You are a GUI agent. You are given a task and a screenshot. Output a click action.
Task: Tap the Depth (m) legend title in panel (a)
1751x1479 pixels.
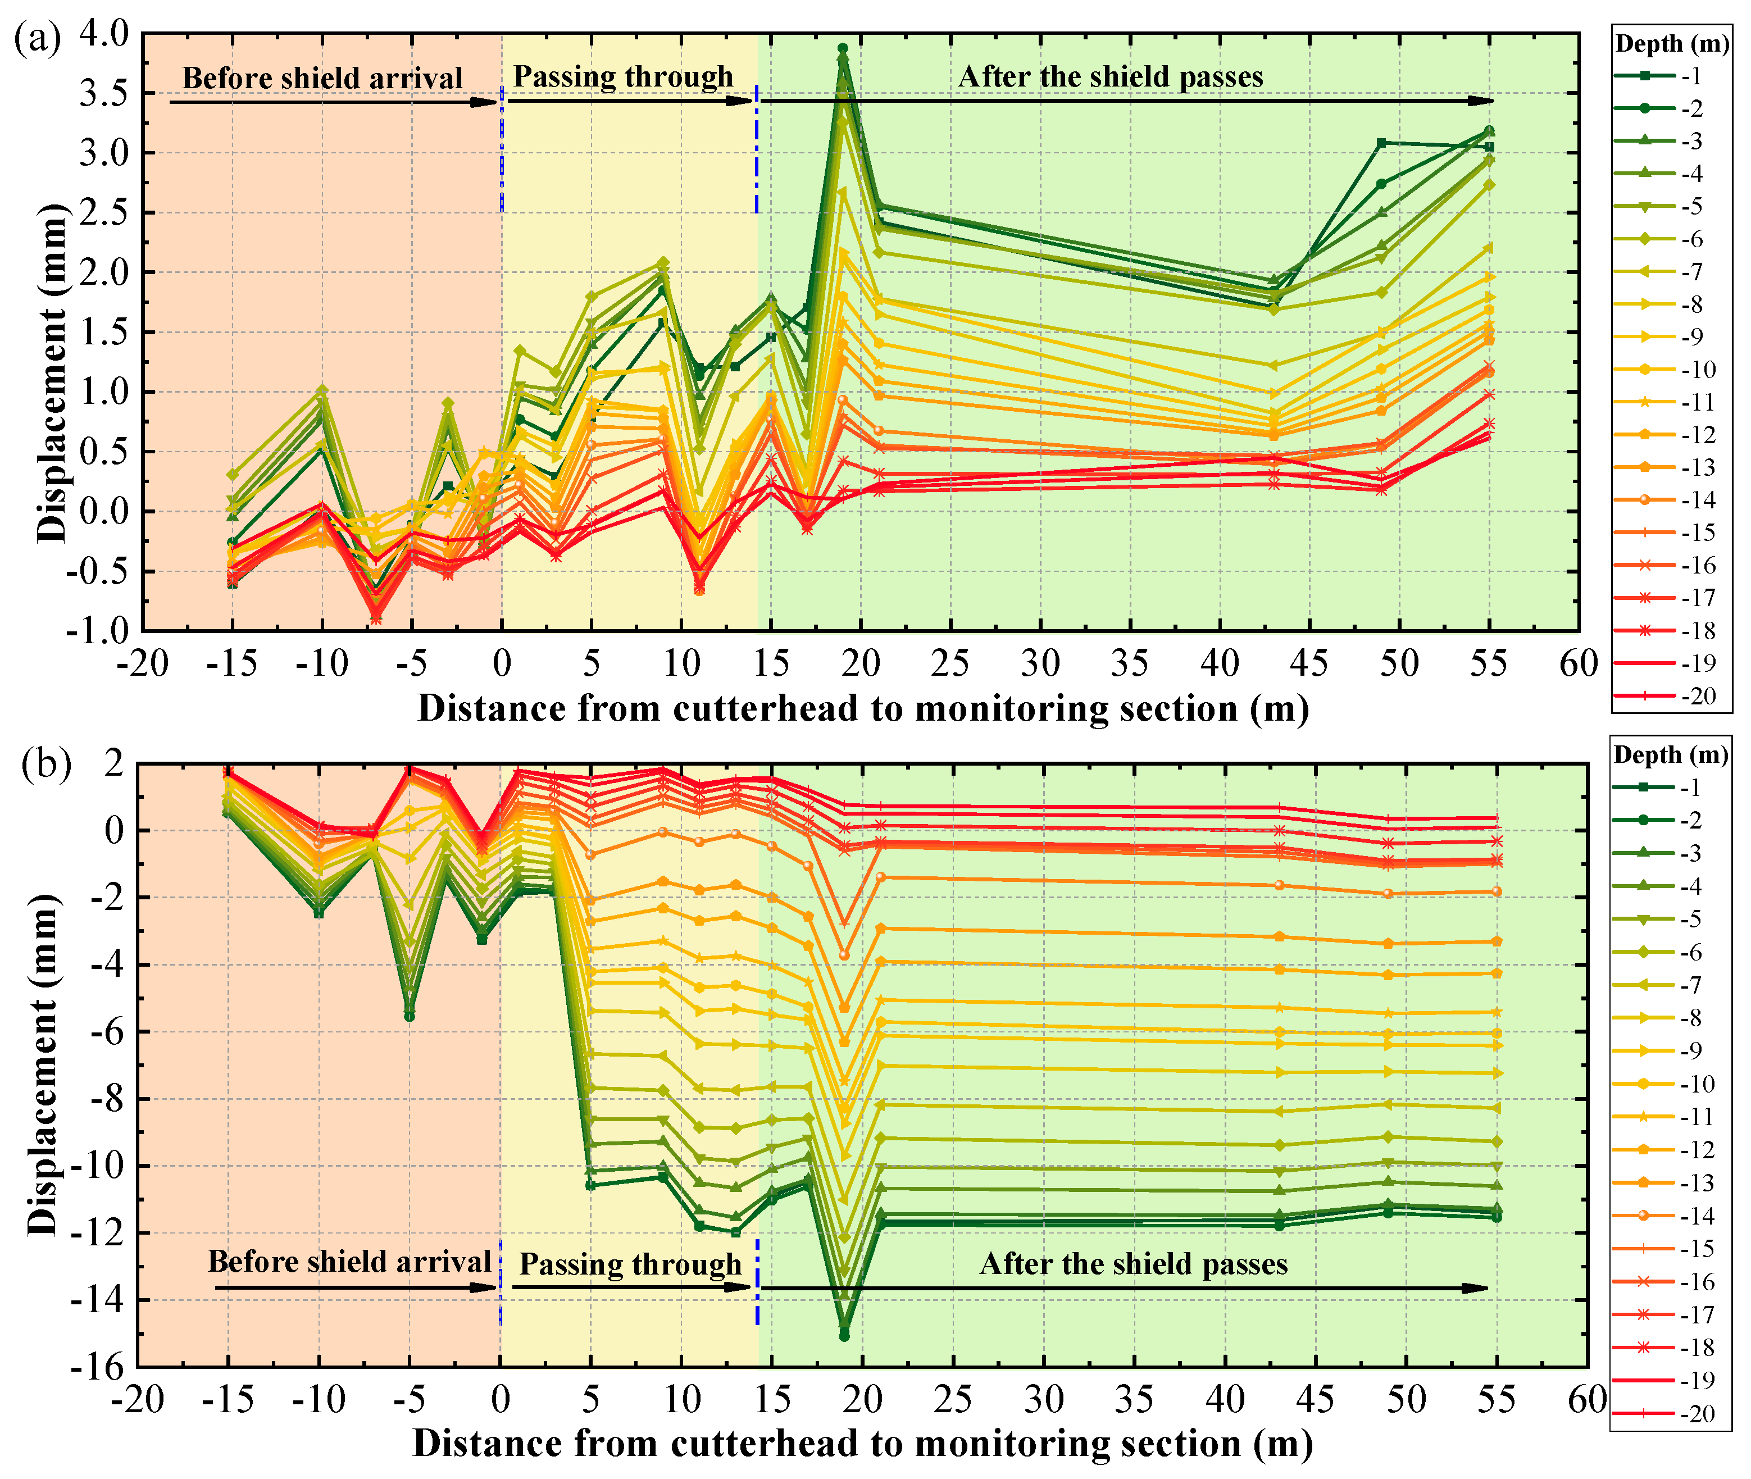[x=1671, y=44]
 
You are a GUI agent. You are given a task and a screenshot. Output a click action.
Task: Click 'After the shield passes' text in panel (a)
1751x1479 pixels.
[x=1110, y=77]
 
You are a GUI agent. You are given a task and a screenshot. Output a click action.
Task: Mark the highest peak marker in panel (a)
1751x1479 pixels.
[x=843, y=49]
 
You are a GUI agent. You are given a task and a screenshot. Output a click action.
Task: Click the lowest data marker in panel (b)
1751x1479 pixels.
[x=844, y=1336]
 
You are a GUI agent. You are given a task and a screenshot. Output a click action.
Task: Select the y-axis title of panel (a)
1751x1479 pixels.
[x=52, y=372]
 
